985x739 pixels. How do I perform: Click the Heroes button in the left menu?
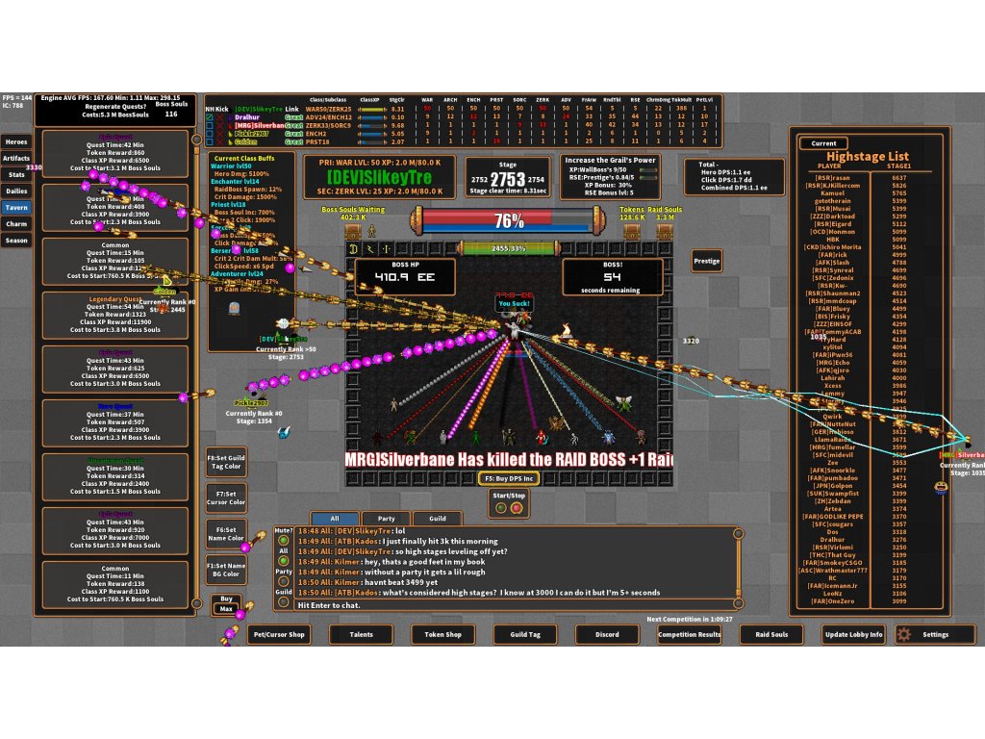pyautogui.click(x=17, y=141)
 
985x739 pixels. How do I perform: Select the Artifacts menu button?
pyautogui.click(x=17, y=158)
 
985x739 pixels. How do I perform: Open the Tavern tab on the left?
pyautogui.click(x=17, y=207)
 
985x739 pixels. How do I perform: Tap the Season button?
pyautogui.click(x=17, y=240)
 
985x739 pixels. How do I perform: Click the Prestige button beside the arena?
pyautogui.click(x=707, y=261)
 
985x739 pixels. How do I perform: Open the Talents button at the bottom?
pyautogui.click(x=361, y=634)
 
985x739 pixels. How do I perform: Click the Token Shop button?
pyautogui.click(x=443, y=634)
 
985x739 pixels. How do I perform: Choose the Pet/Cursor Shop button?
pyautogui.click(x=278, y=634)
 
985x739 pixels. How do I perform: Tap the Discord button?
pyautogui.click(x=607, y=634)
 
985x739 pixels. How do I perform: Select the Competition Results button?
pyautogui.click(x=690, y=634)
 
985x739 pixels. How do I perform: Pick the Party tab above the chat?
pyautogui.click(x=386, y=518)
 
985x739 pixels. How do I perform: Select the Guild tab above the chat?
pyautogui.click(x=437, y=518)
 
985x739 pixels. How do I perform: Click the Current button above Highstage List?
pyautogui.click(x=823, y=143)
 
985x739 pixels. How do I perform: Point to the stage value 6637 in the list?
pyautogui.click(x=899, y=177)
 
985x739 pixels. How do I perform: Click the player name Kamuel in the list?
pyautogui.click(x=832, y=192)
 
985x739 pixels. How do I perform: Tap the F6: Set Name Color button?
pyautogui.click(x=227, y=534)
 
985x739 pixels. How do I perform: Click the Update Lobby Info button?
pyautogui.click(x=853, y=634)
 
